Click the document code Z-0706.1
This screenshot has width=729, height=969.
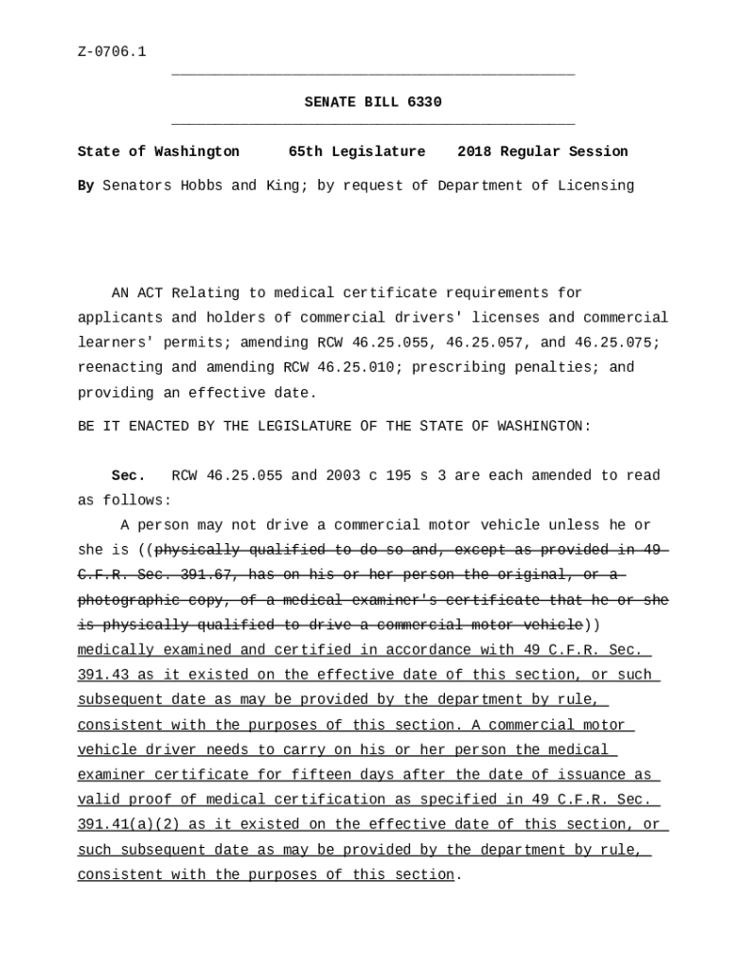click(112, 52)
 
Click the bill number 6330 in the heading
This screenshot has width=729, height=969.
click(424, 102)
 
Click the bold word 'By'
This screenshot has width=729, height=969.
click(85, 186)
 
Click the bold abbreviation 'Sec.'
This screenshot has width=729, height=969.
click(128, 476)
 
